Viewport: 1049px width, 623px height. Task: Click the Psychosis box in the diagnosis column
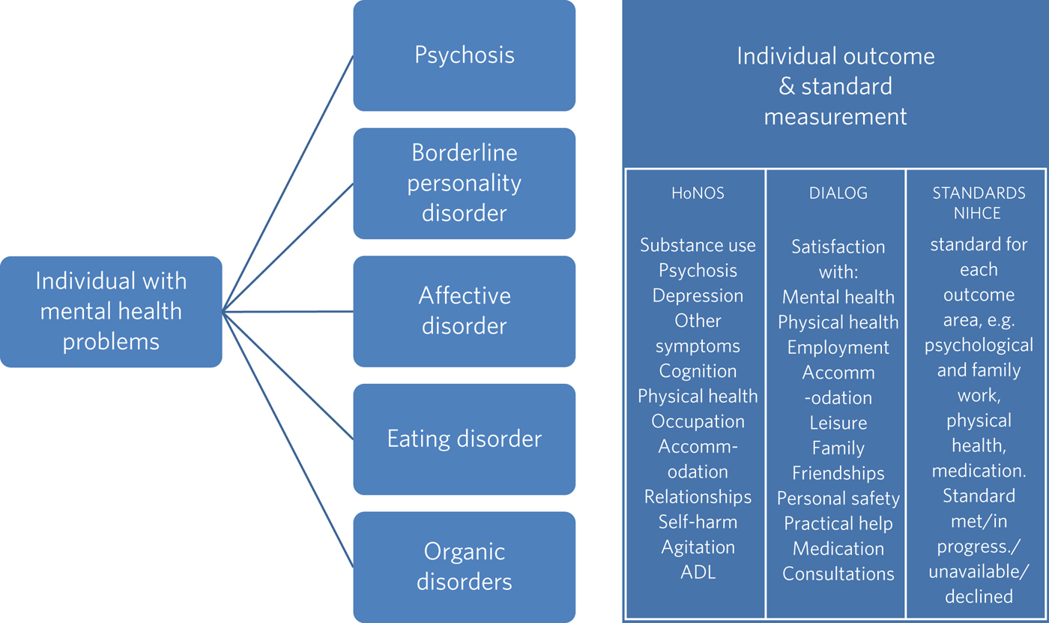coord(465,55)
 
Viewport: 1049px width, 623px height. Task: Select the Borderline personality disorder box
coord(465,184)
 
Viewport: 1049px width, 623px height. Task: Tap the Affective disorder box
coord(465,311)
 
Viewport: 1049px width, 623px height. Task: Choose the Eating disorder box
coord(465,439)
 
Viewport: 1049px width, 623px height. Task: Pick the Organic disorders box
coord(465,567)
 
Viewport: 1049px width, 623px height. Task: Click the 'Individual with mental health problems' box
coord(111,312)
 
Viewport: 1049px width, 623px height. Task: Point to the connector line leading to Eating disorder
coord(288,375)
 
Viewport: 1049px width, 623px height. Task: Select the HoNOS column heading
coord(698,193)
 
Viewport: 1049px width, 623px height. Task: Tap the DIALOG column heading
coord(838,193)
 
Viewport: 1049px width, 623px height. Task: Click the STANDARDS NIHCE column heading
coord(979,202)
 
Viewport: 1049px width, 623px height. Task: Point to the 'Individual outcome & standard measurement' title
coord(835,86)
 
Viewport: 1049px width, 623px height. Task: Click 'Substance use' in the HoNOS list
coord(698,245)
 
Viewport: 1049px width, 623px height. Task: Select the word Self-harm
coord(698,522)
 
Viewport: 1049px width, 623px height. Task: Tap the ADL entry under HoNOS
coord(698,572)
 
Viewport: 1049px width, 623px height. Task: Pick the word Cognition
coord(698,371)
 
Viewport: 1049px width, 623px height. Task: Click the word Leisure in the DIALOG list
coord(838,423)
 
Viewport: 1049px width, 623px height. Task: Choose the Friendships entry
coord(838,474)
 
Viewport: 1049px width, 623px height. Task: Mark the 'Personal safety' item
coord(838,499)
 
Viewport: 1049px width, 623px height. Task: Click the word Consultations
coord(838,574)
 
